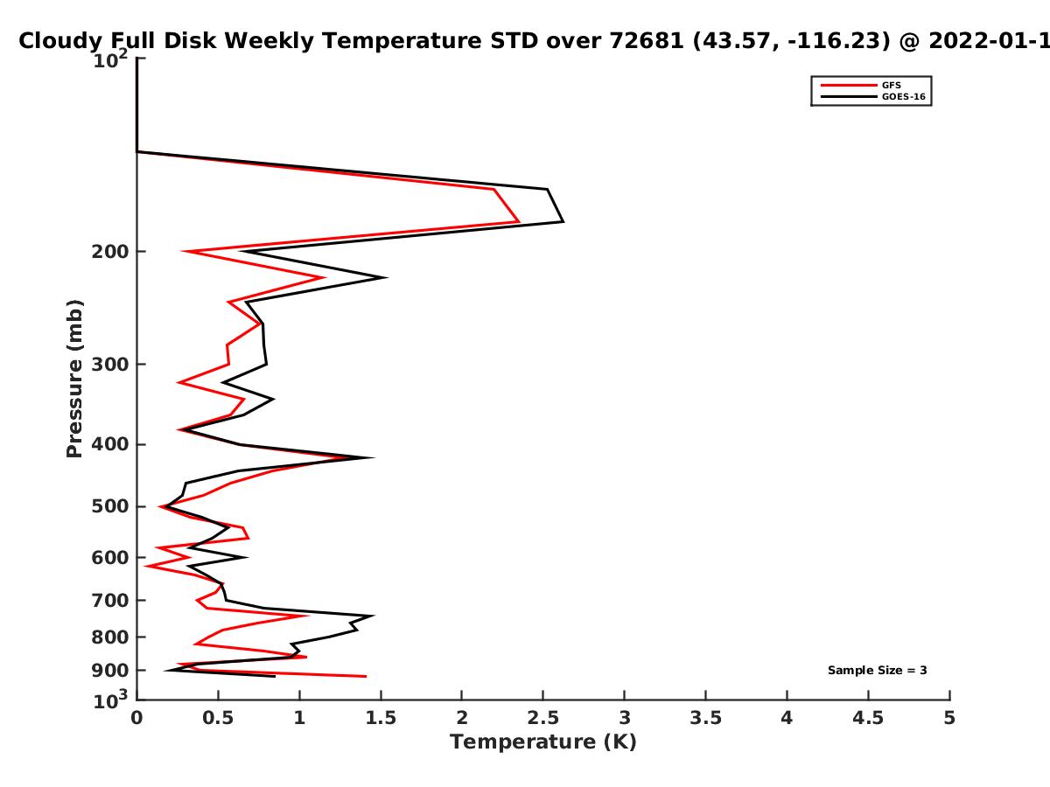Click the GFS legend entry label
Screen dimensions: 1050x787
(891, 85)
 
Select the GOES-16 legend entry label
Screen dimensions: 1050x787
(904, 96)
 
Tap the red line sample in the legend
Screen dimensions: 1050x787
(849, 85)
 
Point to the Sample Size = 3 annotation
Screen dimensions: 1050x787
(878, 671)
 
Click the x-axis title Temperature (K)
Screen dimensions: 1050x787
(543, 742)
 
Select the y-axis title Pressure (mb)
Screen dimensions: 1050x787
(74, 379)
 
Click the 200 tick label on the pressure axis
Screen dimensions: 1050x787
(110, 252)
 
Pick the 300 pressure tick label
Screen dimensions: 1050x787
(110, 365)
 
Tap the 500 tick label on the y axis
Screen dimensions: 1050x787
(110, 506)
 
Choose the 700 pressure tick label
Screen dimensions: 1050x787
(110, 601)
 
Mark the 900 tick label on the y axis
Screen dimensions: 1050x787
(110, 671)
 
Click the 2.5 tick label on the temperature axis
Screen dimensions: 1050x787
(543, 718)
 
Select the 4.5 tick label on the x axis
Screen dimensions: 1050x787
(868, 718)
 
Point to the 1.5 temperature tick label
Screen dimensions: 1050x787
(381, 718)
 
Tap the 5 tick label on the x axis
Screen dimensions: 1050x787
(949, 718)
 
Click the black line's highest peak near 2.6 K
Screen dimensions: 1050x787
(563, 222)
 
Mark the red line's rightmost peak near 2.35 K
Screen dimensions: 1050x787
(519, 222)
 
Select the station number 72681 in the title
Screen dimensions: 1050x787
(647, 41)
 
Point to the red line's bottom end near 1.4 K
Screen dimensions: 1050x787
(366, 677)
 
